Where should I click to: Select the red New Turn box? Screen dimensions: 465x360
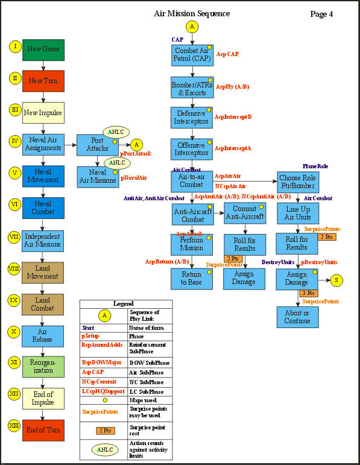43,80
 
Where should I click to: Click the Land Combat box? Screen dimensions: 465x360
43,303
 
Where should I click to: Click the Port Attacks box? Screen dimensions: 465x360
97,145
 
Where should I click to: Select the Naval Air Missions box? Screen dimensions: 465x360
97,176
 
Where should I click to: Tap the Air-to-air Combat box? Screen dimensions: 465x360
191,180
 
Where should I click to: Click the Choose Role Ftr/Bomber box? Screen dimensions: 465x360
297,182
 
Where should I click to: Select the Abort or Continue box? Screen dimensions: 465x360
297,317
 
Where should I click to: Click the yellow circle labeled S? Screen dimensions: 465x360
336,280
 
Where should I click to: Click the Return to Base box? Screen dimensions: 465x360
191,278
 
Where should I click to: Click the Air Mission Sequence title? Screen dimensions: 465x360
192,13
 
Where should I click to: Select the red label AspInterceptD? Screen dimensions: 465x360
233,116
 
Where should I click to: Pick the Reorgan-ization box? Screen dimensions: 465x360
43,367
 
